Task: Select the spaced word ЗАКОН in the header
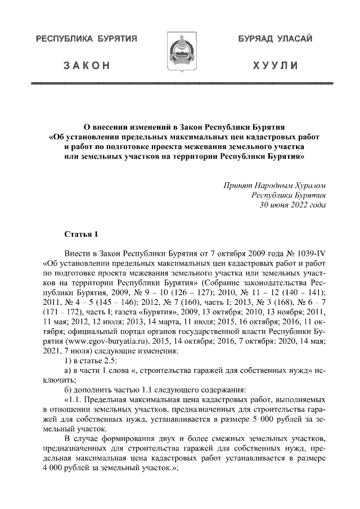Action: (x=87, y=66)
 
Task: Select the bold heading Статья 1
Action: (x=82, y=233)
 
